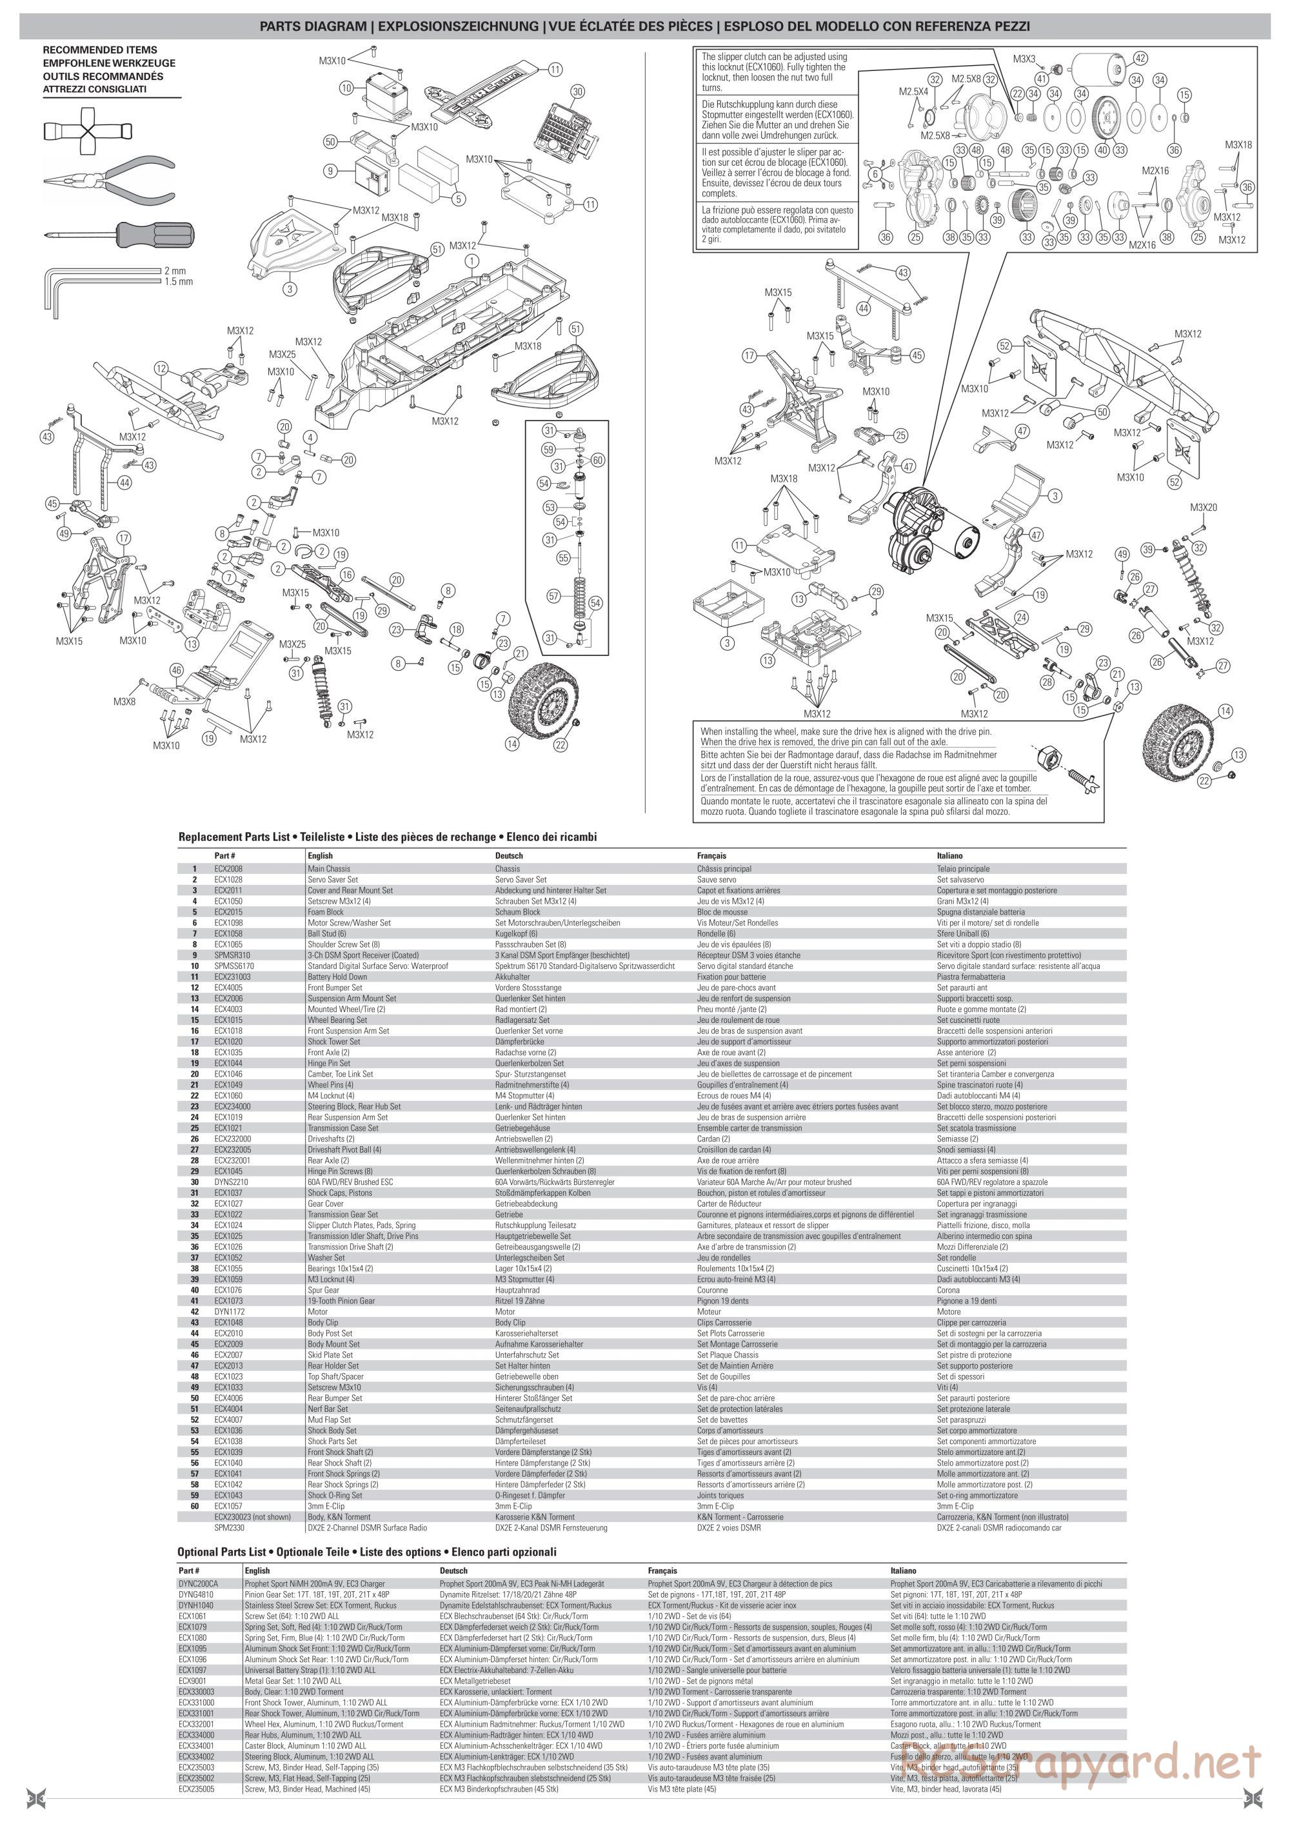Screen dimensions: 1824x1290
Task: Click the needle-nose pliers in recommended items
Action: [108, 182]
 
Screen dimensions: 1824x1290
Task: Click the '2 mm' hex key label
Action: [175, 271]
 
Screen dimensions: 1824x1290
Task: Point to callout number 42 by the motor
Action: [1140, 58]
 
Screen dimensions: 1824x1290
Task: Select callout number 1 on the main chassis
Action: [472, 260]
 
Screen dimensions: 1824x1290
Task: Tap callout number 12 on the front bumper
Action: [162, 368]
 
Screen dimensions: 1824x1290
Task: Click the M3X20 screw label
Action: [1204, 508]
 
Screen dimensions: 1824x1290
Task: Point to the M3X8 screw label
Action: [124, 702]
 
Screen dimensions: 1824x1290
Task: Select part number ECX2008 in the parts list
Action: [226, 869]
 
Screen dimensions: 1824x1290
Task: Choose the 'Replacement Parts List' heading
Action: [387, 837]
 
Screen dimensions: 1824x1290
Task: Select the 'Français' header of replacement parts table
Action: [711, 857]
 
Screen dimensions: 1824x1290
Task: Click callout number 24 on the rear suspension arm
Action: [1021, 617]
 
